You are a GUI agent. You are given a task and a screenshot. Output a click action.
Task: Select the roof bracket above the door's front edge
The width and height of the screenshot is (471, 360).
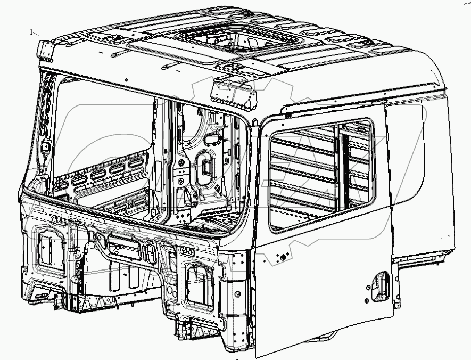[x=233, y=92]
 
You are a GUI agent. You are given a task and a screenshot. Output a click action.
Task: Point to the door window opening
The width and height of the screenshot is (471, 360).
[x=319, y=176]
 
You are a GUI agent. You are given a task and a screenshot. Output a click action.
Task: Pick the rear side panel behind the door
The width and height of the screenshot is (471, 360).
[x=420, y=181]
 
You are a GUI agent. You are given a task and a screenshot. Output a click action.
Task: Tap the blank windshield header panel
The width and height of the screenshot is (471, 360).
[x=149, y=80]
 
